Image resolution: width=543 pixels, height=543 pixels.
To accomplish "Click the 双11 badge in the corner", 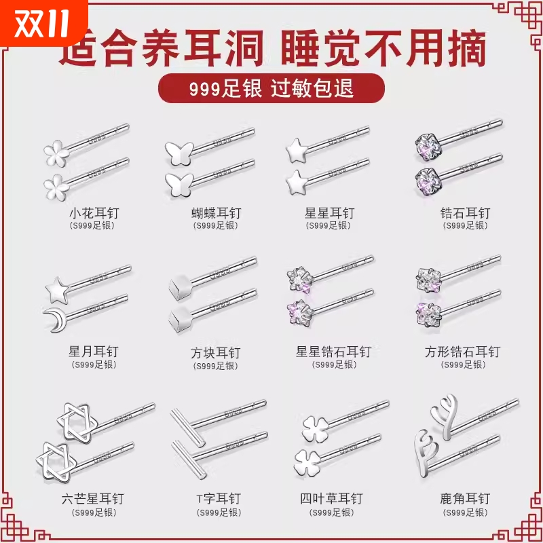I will (42, 23).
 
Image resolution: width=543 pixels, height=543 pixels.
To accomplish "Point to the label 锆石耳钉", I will (465, 213).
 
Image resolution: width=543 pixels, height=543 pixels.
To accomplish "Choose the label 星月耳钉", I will (94, 352).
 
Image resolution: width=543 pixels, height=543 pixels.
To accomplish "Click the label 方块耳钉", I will (216, 353).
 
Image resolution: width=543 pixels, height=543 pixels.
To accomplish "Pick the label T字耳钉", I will (216, 499).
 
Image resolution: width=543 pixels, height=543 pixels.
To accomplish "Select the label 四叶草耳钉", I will (331, 499).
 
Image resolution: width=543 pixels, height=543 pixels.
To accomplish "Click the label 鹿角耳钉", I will (465, 499).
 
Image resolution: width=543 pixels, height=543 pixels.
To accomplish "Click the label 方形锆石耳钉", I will (462, 352).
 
